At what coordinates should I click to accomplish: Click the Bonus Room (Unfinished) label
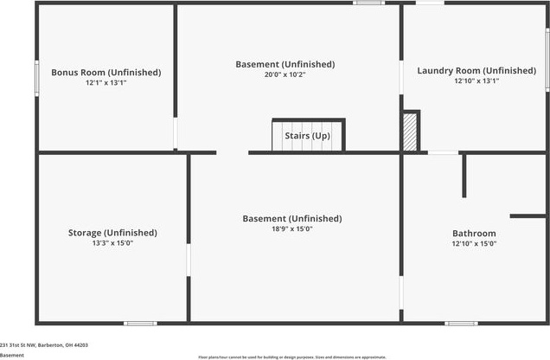pyautogui.click(x=106, y=73)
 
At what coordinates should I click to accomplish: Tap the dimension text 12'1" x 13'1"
pyautogui.click(x=106, y=84)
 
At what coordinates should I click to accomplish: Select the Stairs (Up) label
pyautogui.click(x=308, y=137)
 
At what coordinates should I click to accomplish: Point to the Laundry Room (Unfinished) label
pyautogui.click(x=476, y=71)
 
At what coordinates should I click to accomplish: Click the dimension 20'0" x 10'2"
pyautogui.click(x=285, y=75)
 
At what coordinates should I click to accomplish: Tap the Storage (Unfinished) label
pyautogui.click(x=112, y=233)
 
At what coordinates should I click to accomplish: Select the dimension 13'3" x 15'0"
pyautogui.click(x=112, y=244)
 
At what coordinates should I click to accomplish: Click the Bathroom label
pyautogui.click(x=474, y=234)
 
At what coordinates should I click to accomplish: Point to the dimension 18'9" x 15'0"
pyautogui.click(x=291, y=229)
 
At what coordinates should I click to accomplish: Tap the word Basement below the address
pyautogui.click(x=12, y=355)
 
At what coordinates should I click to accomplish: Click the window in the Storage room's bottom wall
pyautogui.click(x=139, y=324)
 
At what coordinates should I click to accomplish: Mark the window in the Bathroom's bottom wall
pyautogui.click(x=461, y=324)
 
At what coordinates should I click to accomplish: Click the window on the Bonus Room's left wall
pyautogui.click(x=36, y=78)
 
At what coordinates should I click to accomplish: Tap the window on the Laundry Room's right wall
pyautogui.click(x=547, y=59)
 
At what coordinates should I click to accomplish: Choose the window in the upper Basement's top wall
pyautogui.click(x=368, y=3)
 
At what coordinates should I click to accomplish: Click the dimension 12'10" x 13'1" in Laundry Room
pyautogui.click(x=476, y=81)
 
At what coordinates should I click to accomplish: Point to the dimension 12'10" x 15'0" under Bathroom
pyautogui.click(x=474, y=244)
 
